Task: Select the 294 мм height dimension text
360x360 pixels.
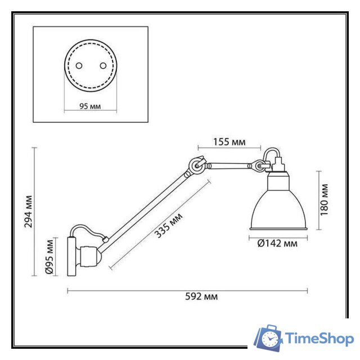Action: (28, 211)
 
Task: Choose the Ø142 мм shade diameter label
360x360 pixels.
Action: (278, 244)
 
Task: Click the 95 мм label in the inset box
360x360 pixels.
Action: (90, 106)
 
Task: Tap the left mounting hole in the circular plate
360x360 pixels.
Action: (78, 64)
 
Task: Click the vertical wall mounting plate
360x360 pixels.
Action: (71, 256)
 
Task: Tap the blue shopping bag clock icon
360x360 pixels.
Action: (269, 338)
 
